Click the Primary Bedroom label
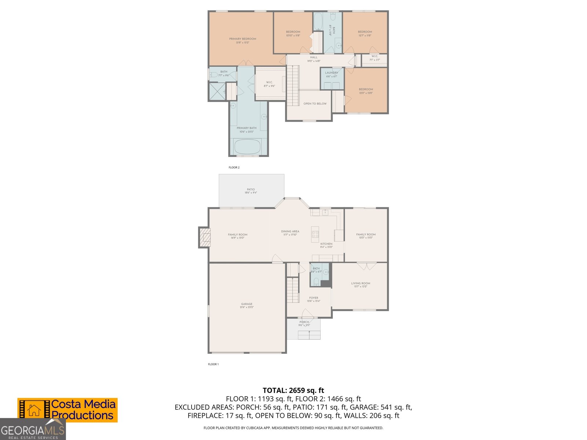tap(243, 40)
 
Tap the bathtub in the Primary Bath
tap(247, 147)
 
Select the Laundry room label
tap(332, 74)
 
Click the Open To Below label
tap(315, 104)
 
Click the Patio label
tap(251, 191)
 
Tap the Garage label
tap(247, 305)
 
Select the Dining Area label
tap(290, 233)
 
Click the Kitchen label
tap(326, 245)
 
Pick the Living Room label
tap(360, 285)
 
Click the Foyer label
tap(314, 299)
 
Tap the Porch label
tap(304, 323)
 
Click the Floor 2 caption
tap(234, 168)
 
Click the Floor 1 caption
tap(213, 364)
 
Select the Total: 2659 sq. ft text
tap(293, 390)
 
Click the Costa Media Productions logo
tap(68, 410)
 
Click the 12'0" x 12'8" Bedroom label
tap(366, 91)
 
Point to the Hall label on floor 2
tap(314, 59)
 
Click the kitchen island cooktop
tap(315, 234)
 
